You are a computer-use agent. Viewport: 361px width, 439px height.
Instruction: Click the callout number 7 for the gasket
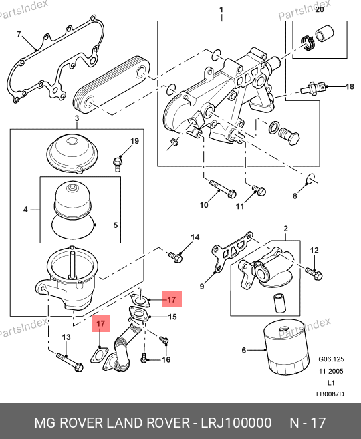[x=19, y=34]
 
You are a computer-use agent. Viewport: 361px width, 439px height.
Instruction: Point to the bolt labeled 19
[x=118, y=164]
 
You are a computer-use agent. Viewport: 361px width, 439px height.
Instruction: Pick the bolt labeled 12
[x=314, y=273]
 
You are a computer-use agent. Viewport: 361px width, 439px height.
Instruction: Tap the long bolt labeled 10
[x=223, y=190]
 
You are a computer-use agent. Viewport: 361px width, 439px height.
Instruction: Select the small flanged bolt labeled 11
[x=259, y=190]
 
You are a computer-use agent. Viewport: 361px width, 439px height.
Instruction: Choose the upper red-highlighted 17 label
[x=172, y=299]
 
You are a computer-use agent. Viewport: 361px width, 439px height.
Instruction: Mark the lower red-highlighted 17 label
[x=100, y=323]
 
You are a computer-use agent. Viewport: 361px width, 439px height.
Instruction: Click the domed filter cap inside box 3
[x=70, y=152]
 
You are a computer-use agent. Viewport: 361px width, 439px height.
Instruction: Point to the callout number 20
[x=320, y=9]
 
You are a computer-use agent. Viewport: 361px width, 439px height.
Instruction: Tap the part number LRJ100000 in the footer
[x=236, y=422]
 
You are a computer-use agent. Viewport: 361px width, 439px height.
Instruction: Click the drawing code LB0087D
[x=330, y=394]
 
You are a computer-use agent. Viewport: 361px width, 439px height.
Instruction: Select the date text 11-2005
[x=331, y=372]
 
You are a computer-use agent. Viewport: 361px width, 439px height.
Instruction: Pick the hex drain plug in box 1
[x=289, y=136]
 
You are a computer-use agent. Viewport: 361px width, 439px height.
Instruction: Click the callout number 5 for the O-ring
[x=116, y=225]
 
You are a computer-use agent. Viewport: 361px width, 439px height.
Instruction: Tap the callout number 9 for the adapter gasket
[x=202, y=287]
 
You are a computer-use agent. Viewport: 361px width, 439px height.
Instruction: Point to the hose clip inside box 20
[x=308, y=43]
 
